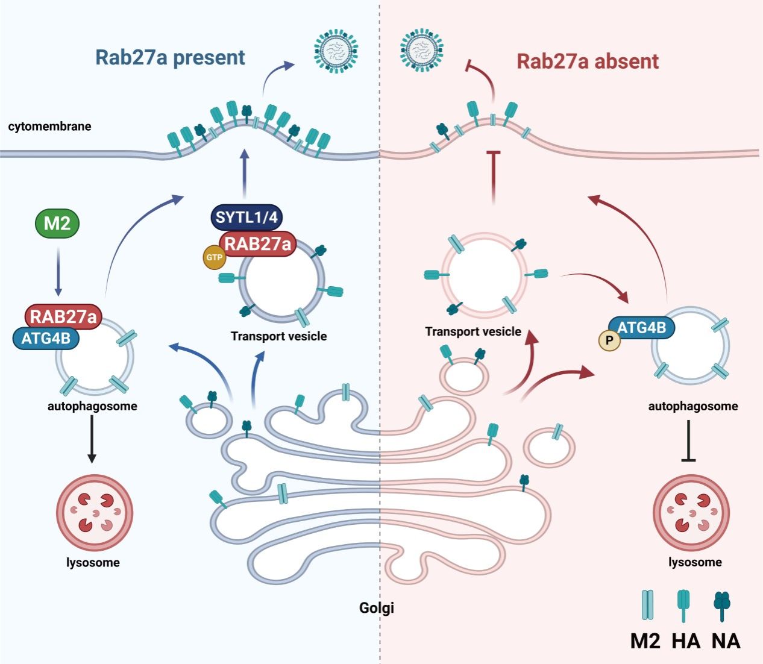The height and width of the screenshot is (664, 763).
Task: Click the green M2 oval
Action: (57, 223)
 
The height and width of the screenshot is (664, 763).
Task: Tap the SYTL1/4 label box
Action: (246, 217)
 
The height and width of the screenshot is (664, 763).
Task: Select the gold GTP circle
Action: (215, 257)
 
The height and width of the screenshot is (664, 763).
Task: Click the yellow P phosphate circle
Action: (609, 341)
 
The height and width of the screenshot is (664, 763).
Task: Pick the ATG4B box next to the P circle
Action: (642, 328)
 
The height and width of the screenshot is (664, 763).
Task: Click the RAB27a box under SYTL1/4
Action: (258, 243)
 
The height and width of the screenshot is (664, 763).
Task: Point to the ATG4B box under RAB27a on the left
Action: (46, 338)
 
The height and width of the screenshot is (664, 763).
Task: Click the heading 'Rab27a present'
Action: (170, 58)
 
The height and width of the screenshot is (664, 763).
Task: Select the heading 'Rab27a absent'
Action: (588, 61)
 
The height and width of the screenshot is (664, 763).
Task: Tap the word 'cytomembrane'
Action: (49, 127)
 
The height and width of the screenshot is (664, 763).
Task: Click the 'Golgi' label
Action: (377, 607)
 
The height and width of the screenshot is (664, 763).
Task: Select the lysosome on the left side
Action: (94, 513)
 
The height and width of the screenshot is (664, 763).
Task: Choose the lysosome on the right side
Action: (691, 513)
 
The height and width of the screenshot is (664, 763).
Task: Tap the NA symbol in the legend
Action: (721, 605)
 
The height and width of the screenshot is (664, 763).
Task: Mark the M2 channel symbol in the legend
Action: (647, 605)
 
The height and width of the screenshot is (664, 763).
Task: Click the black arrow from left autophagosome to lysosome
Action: (92, 439)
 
